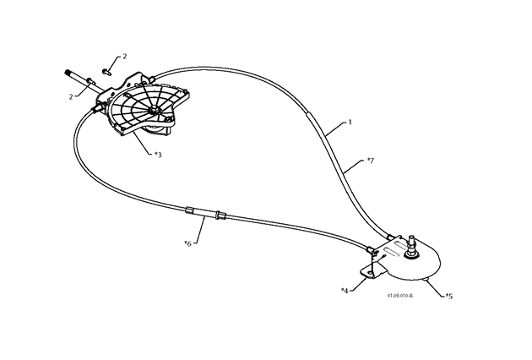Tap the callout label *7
pos(370,160)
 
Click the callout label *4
pos(345,290)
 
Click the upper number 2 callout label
pos(125,56)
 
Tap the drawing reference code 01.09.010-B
pos(400,297)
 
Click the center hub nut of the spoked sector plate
pos(155,110)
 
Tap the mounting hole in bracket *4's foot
pos(367,270)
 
